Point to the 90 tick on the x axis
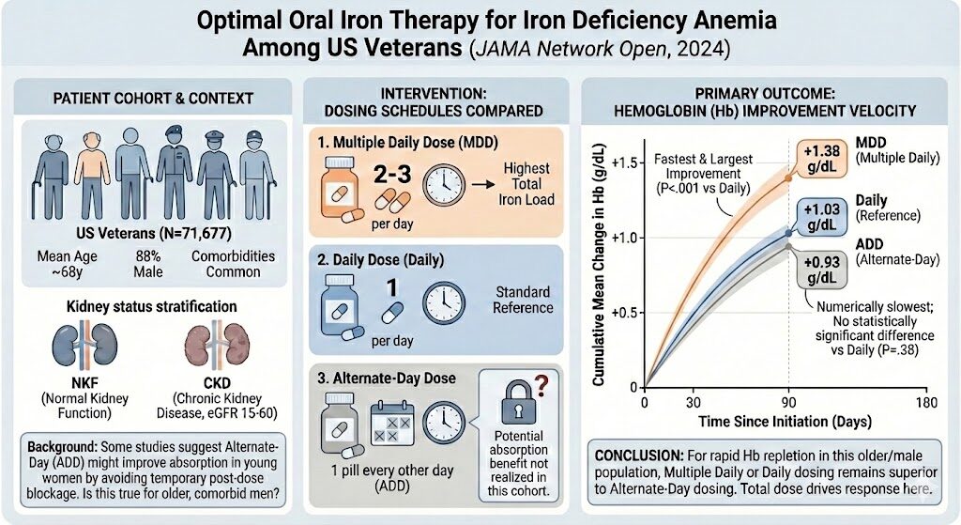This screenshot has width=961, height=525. coord(788,401)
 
